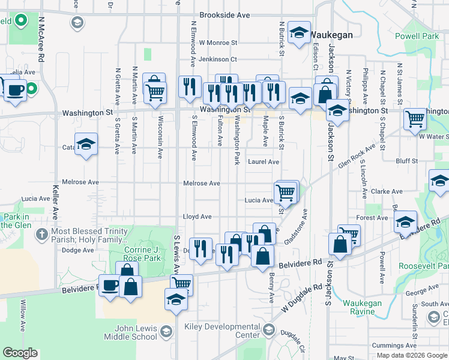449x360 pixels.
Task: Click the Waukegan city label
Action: [x=331, y=35]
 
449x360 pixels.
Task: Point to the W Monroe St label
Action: [x=218, y=43]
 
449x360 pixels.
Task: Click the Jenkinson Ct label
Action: [x=218, y=59]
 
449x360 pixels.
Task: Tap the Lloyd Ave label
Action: [x=197, y=217]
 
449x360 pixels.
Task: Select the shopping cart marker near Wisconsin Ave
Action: [x=155, y=92]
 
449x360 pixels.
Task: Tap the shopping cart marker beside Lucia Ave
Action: [x=285, y=193]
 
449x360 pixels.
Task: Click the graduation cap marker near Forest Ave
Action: [x=406, y=221]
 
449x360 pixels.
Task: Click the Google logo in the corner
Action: [x=20, y=353]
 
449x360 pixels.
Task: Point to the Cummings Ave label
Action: [x=394, y=346]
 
